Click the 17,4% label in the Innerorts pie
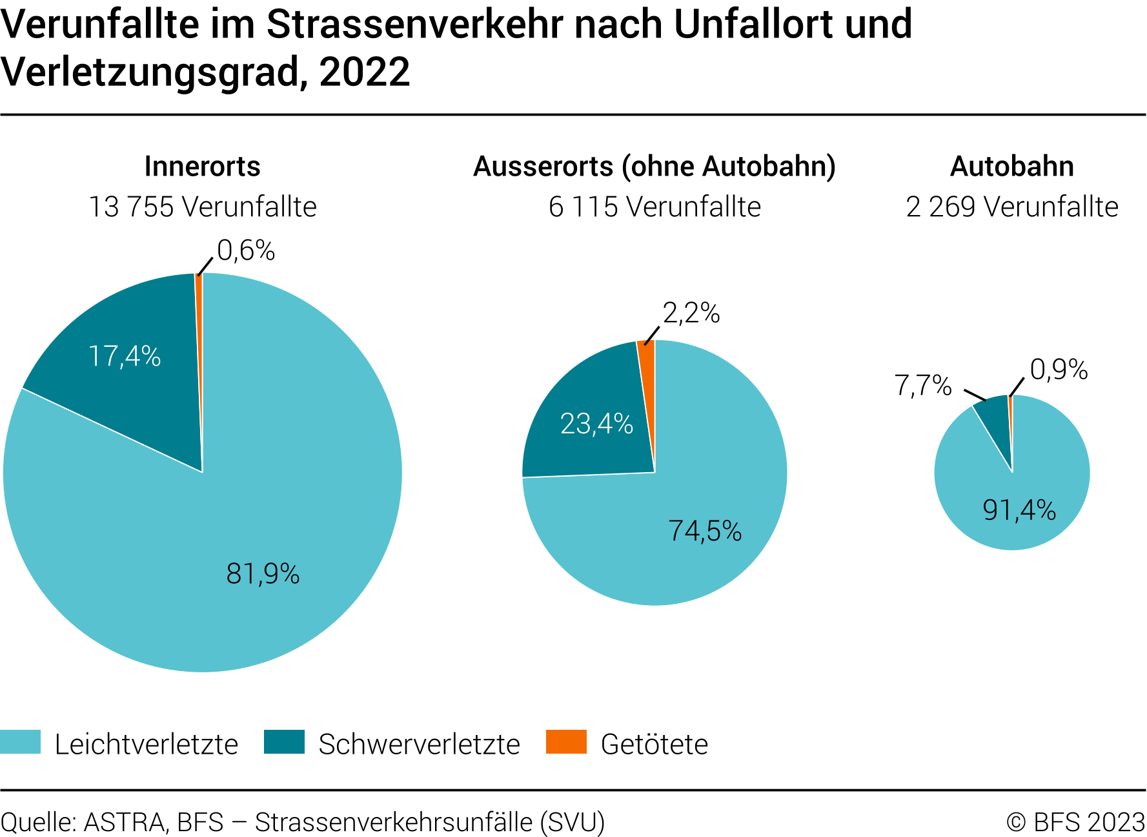pyautogui.click(x=125, y=356)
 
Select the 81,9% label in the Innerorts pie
pyautogui.click(x=263, y=573)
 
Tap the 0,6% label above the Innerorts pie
pyautogui.click(x=246, y=251)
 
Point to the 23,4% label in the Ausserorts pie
pyautogui.click(x=596, y=424)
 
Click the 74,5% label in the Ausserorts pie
pyautogui.click(x=705, y=531)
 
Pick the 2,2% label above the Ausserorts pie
pyautogui.click(x=691, y=313)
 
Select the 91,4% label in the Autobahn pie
pyautogui.click(x=1019, y=510)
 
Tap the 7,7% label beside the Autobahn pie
pyautogui.click(x=923, y=386)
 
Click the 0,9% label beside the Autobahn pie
pyautogui.click(x=1059, y=369)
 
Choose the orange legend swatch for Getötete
pyautogui.click(x=566, y=742)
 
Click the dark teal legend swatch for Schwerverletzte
pyautogui.click(x=284, y=742)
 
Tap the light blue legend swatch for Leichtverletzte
pyautogui.click(x=20, y=742)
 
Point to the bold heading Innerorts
pyautogui.click(x=202, y=167)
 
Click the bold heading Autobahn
pyautogui.click(x=1011, y=167)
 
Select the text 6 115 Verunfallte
pyautogui.click(x=655, y=207)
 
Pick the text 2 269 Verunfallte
pyautogui.click(x=1011, y=207)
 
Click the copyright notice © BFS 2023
pyautogui.click(x=1075, y=822)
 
